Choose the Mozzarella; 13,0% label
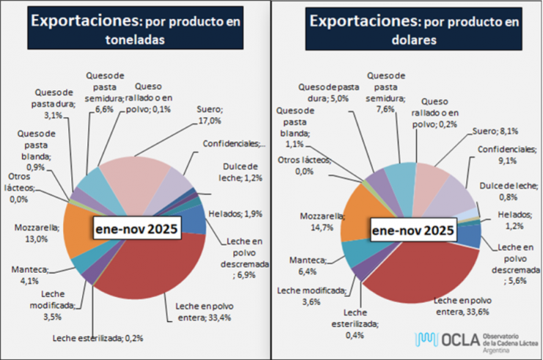(x=30, y=233)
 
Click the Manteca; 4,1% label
(x=29, y=274)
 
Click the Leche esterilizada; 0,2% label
(x=98, y=338)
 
